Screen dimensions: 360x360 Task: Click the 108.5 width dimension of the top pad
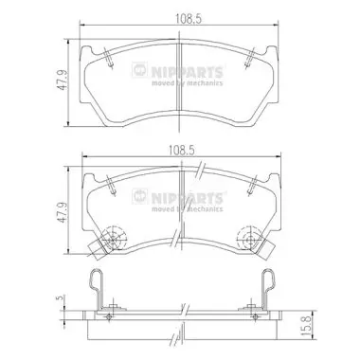click(189, 19)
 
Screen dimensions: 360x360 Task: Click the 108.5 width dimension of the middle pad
click(181, 150)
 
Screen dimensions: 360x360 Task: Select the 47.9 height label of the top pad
click(63, 81)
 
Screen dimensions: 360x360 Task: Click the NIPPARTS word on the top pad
click(187, 72)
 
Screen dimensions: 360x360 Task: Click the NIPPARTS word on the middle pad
click(187, 198)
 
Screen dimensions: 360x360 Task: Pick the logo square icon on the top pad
click(139, 69)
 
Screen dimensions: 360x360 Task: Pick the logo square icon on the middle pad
click(139, 196)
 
